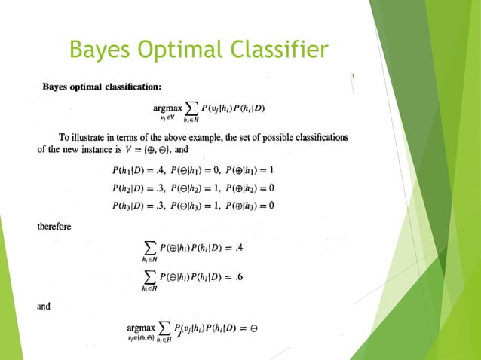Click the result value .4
pos(240,248)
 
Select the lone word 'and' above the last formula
pos(44,306)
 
